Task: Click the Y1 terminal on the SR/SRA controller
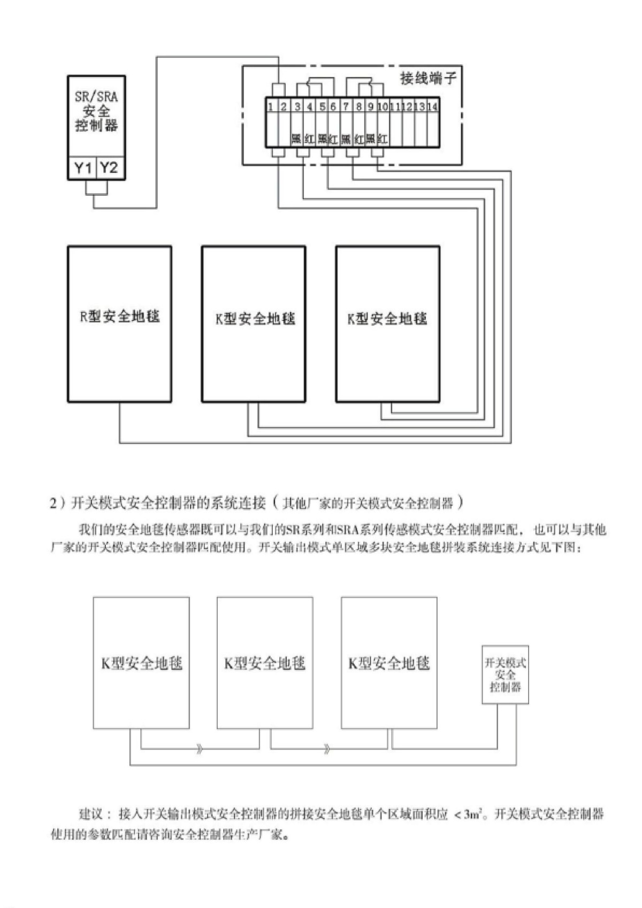[83, 168]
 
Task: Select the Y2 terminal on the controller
[109, 168]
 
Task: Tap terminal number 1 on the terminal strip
[271, 106]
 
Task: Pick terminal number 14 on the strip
[433, 106]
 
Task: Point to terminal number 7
[346, 106]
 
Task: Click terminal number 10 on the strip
[383, 106]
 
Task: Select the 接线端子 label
[429, 79]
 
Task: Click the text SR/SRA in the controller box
[96, 97]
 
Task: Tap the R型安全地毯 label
[120, 316]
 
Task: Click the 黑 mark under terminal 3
[296, 139]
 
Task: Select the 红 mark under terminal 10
[383, 139]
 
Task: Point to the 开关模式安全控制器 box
[505, 674]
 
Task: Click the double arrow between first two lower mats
[200, 749]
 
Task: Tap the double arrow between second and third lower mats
[327, 749]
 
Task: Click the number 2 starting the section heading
[53, 503]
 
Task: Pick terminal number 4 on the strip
[310, 106]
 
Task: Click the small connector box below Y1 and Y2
[96, 188]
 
